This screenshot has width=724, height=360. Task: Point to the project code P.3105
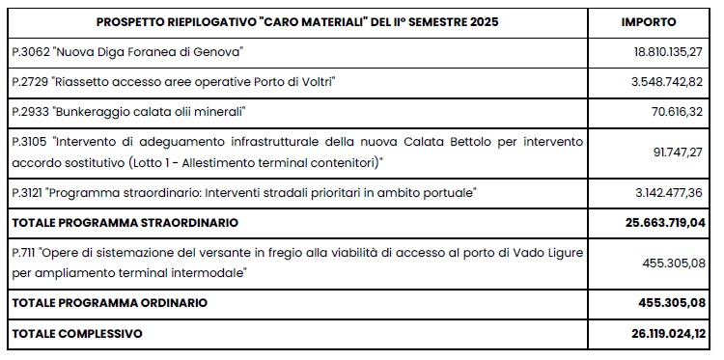[x=27, y=142]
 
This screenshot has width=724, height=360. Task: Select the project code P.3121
[x=27, y=194]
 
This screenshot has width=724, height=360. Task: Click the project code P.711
[x=24, y=253]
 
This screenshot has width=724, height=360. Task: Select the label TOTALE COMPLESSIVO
[x=75, y=334]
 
